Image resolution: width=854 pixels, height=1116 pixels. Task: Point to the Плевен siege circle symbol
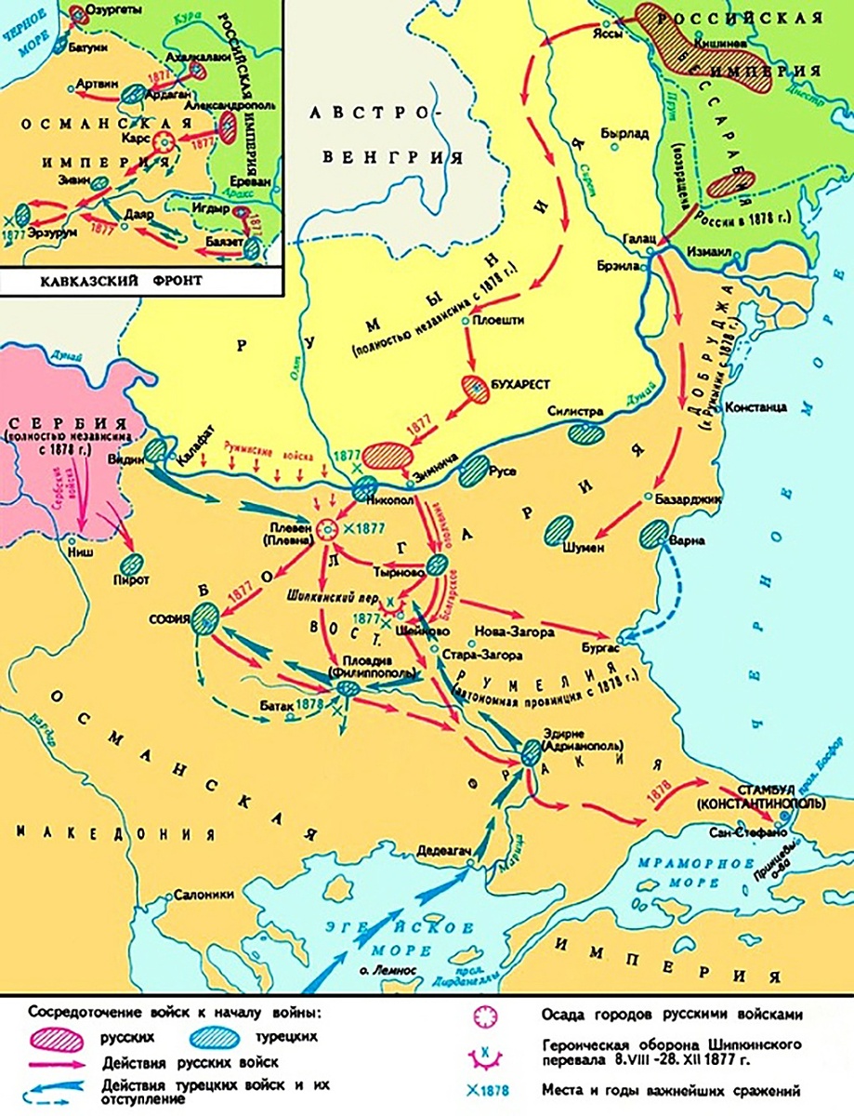(327, 529)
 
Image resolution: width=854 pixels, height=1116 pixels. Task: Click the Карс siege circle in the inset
(164, 141)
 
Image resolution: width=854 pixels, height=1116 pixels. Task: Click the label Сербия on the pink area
(58, 418)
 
